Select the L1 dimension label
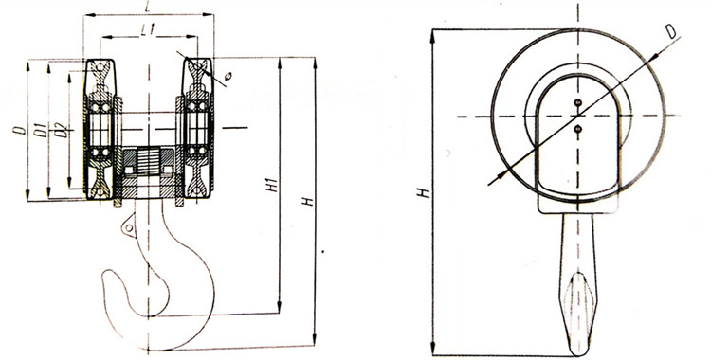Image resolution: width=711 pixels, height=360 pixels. [x=147, y=30]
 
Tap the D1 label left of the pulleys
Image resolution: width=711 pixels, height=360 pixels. [x=41, y=130]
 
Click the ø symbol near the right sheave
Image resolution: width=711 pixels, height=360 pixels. [x=228, y=75]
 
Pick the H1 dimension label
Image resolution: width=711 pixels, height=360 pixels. [x=272, y=184]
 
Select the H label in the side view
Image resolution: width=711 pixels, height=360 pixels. [x=424, y=192]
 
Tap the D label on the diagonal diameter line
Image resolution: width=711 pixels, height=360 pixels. [x=671, y=31]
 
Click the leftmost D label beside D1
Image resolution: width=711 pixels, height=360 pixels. [x=19, y=130]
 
